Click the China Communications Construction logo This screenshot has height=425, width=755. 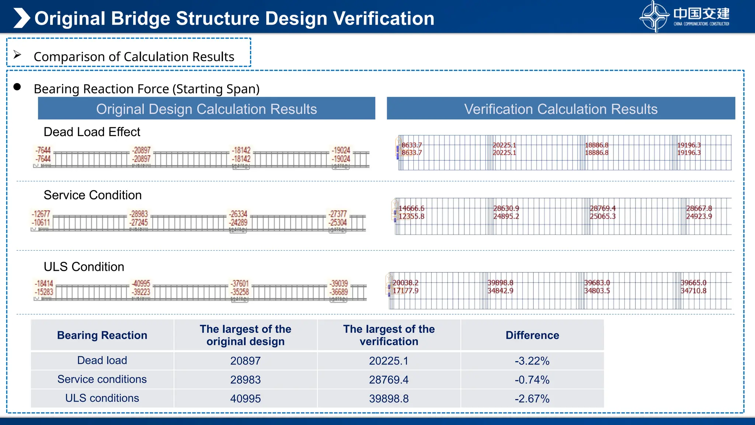[x=684, y=17]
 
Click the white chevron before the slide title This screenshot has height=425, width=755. [x=21, y=18]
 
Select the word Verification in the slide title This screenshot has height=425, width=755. [x=383, y=18]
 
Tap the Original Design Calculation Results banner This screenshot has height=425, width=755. [x=206, y=109]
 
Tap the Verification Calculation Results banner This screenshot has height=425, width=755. [x=560, y=109]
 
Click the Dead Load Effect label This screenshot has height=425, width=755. [x=92, y=132]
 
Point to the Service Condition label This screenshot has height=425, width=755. [x=93, y=195]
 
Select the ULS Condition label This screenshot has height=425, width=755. [x=84, y=267]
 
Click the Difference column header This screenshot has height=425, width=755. [x=532, y=335]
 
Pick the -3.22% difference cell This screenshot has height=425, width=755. [x=532, y=361]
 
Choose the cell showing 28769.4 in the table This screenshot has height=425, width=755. [x=389, y=380]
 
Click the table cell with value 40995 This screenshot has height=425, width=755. [x=246, y=398]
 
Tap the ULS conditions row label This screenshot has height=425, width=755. [x=102, y=398]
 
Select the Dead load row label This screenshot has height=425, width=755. [x=102, y=360]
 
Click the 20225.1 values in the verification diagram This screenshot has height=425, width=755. [x=504, y=149]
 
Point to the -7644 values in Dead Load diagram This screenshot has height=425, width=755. [x=43, y=155]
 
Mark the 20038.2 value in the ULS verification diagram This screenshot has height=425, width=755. [x=406, y=283]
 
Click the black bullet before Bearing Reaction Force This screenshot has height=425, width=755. [x=17, y=87]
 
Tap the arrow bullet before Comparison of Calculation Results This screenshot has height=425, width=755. [x=17, y=55]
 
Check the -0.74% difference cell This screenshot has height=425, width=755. [x=532, y=380]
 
